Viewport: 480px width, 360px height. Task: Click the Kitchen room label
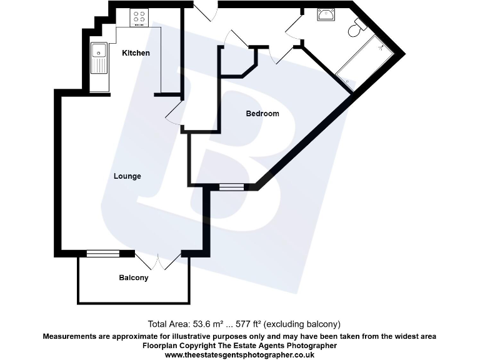click(x=136, y=53)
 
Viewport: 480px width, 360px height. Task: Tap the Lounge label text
click(x=127, y=176)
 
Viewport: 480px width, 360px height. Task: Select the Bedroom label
click(x=262, y=114)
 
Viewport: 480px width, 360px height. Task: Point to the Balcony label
click(x=134, y=277)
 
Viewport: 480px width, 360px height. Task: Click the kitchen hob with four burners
click(x=139, y=18)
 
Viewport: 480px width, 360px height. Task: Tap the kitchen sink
click(x=99, y=57)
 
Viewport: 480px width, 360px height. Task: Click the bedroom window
click(x=231, y=186)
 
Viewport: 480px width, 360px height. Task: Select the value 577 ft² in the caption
click(x=250, y=324)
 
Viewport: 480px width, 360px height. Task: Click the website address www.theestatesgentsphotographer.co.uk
click(x=239, y=354)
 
